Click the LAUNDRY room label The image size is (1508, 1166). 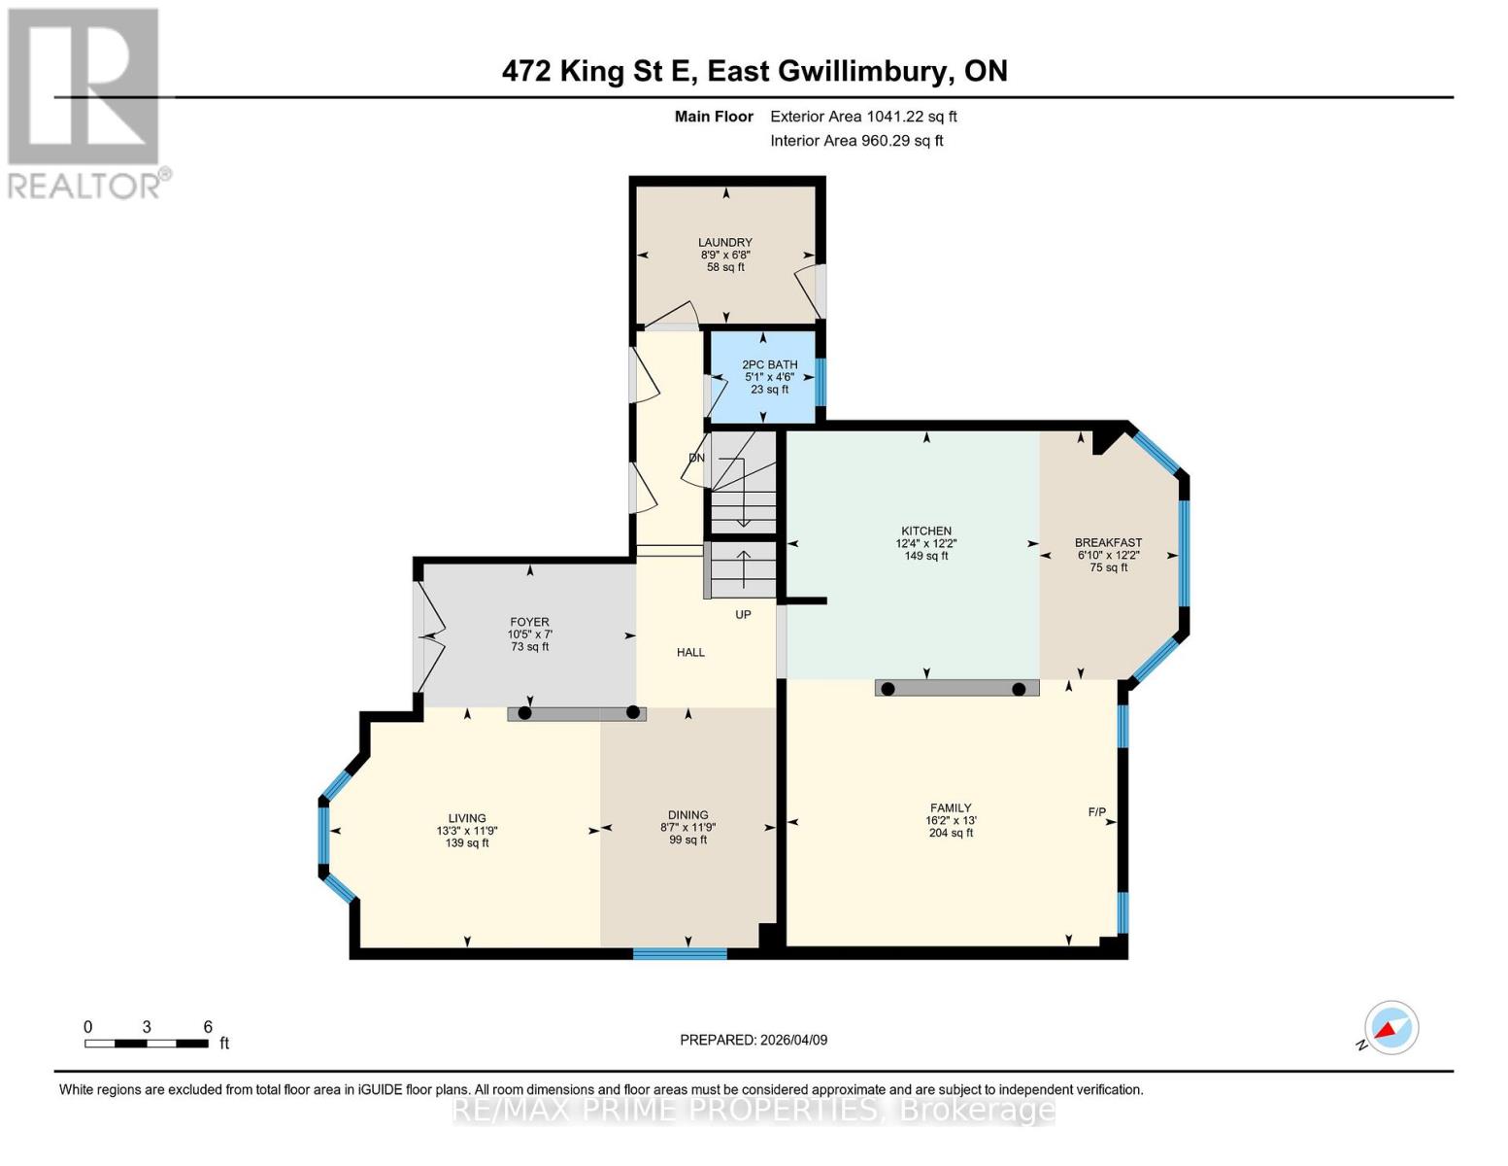click(x=724, y=243)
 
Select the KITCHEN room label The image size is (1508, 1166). click(x=925, y=532)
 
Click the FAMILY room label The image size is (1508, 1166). click(x=950, y=808)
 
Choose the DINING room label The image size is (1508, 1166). click(x=687, y=815)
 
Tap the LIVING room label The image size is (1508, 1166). click(x=466, y=818)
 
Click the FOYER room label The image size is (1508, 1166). click(x=529, y=622)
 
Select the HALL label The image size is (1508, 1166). click(x=690, y=652)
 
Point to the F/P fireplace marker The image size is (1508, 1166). click(x=1096, y=811)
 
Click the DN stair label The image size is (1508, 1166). click(x=696, y=458)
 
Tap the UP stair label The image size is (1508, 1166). click(x=743, y=614)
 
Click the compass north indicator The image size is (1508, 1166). click(x=1391, y=1028)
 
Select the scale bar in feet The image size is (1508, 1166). click(x=147, y=1044)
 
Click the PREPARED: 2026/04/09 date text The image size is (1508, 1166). click(x=754, y=1040)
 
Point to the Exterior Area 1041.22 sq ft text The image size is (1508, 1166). click(x=863, y=117)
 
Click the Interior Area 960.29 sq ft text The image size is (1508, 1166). click(x=856, y=141)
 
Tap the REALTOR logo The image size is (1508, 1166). click(x=85, y=102)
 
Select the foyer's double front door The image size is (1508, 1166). click(x=427, y=636)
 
